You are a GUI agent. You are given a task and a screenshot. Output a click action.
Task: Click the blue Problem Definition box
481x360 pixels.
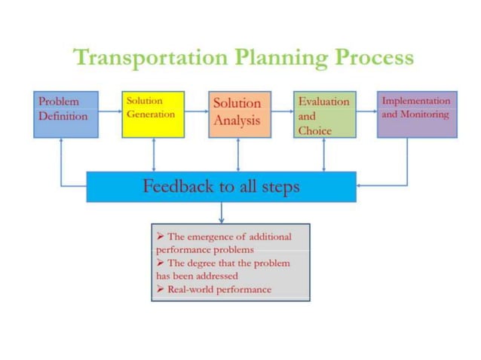[66, 114]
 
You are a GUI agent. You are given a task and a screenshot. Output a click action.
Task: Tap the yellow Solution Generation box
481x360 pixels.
[153, 114]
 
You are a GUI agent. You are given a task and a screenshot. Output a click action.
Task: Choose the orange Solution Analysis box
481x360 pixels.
[239, 114]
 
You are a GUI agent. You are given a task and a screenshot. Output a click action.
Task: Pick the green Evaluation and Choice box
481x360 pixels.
[324, 114]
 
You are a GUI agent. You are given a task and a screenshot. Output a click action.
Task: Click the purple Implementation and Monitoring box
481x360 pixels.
[416, 114]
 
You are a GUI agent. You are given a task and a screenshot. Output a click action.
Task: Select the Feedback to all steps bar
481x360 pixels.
[221, 187]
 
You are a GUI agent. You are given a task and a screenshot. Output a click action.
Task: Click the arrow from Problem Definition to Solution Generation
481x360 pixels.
[110, 111]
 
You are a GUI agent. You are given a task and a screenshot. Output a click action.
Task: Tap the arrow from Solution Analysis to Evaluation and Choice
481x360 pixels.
[282, 111]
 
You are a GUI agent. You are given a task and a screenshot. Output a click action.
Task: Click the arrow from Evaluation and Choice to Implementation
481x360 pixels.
[366, 111]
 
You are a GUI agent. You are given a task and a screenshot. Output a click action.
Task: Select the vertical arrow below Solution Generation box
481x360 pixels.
[154, 154]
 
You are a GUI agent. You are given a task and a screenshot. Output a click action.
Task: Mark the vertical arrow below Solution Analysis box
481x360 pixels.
[239, 154]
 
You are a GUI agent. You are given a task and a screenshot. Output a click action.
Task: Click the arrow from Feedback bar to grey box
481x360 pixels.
[221, 212]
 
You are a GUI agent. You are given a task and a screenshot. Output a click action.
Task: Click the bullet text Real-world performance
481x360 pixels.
[219, 289]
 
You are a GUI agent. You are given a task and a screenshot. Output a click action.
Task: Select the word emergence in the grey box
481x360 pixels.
[217, 236]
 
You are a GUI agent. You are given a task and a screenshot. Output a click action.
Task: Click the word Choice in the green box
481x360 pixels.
[315, 130]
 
